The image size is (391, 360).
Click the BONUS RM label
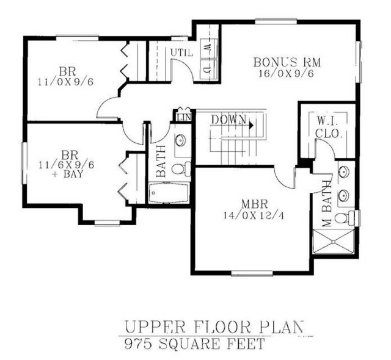287,62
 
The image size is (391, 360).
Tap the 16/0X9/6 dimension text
286,74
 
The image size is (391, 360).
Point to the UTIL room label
181,53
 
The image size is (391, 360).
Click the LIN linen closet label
184,117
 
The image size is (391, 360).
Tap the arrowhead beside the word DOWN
251,125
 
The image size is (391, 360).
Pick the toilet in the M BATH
345,218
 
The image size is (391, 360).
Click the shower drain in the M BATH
333,241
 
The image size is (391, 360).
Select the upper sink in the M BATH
345,171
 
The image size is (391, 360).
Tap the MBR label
254,204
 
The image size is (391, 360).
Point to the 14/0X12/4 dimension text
254,215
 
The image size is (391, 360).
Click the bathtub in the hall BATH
169,193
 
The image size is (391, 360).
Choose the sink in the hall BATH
180,140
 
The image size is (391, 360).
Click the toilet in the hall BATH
181,168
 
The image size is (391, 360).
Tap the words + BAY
67,174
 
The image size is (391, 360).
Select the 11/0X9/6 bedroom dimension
65,82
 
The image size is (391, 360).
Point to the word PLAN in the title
282,327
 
